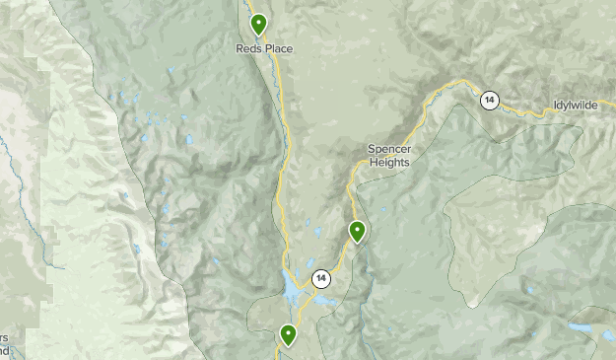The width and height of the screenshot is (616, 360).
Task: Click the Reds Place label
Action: pyautogui.click(x=264, y=47)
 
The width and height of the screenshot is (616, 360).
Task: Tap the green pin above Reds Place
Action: pyautogui.click(x=258, y=24)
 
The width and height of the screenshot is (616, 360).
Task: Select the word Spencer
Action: pyautogui.click(x=388, y=149)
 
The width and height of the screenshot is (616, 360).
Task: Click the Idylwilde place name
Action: pyautogui.click(x=582, y=105)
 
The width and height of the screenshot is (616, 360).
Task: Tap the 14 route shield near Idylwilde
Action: pyautogui.click(x=490, y=101)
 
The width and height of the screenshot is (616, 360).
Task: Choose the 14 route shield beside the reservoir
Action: pyautogui.click(x=321, y=279)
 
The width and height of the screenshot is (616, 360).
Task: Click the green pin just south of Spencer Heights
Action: pyautogui.click(x=357, y=232)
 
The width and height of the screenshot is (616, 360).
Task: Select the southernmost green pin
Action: pyautogui.click(x=288, y=335)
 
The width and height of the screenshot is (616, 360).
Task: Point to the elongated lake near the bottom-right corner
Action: pyautogui.click(x=582, y=327)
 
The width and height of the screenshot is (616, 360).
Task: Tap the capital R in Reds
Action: pyautogui.click(x=240, y=47)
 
